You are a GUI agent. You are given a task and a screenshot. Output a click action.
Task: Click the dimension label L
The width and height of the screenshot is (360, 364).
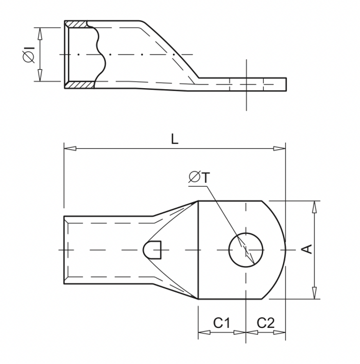click(x=174, y=140)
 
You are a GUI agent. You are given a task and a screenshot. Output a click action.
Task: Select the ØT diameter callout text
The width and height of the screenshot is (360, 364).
click(x=199, y=176)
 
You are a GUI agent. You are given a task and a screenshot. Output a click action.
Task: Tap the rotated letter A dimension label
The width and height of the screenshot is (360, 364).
click(x=308, y=249)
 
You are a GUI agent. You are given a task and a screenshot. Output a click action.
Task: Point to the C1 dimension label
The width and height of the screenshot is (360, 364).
click(x=221, y=323)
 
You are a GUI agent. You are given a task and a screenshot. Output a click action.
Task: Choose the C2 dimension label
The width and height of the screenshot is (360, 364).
click(x=266, y=323)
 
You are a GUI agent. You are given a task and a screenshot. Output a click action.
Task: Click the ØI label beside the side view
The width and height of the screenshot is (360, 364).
click(x=28, y=55)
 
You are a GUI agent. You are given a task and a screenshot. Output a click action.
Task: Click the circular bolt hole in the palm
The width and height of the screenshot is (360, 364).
click(x=246, y=249)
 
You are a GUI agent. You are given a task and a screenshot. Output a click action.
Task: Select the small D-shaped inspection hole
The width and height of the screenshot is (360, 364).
click(x=153, y=249)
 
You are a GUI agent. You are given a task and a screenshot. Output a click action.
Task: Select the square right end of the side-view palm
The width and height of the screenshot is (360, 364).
click(x=285, y=85)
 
